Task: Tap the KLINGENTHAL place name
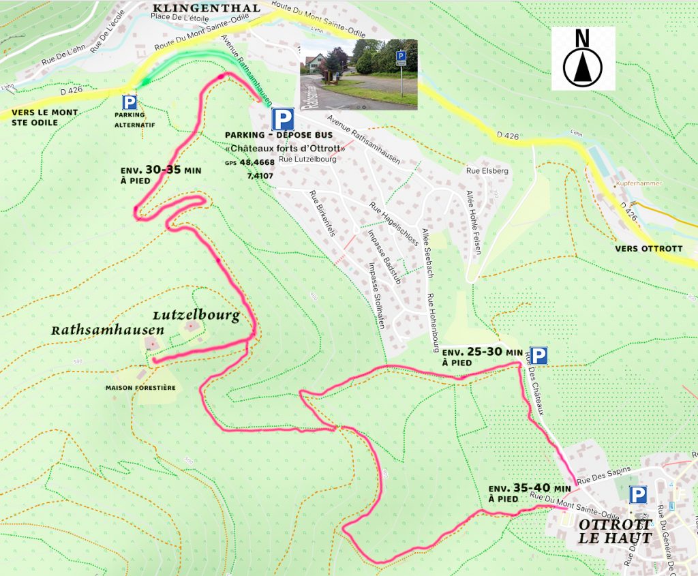[207, 8]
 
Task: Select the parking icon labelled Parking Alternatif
[129, 103]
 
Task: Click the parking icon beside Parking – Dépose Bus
[282, 119]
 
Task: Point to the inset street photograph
[359, 74]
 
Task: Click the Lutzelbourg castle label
[196, 316]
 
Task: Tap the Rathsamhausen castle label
[108, 330]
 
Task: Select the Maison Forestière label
[140, 388]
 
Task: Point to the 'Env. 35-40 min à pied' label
[530, 494]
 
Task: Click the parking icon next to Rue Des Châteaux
[538, 356]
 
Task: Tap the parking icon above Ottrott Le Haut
[638, 495]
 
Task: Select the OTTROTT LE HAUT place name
[615, 531]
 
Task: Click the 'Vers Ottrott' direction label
[648, 249]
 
